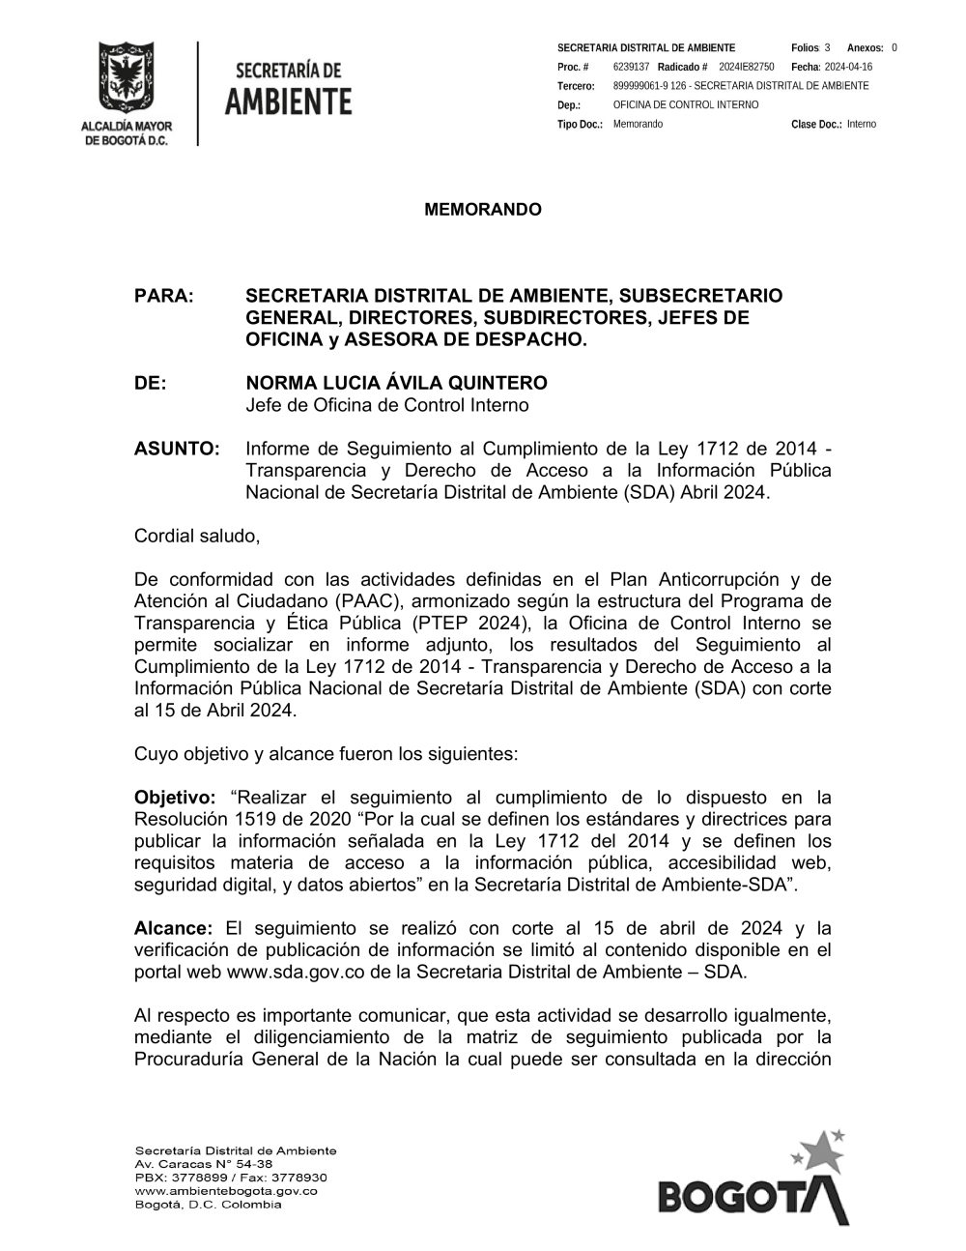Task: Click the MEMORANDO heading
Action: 483,210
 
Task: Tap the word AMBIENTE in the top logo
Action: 288,101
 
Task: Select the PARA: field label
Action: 164,296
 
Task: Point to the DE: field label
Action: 151,384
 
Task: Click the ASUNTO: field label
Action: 177,449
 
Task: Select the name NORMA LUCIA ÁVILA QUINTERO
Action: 396,384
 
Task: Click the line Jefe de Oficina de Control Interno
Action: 387,405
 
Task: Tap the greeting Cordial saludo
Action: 197,536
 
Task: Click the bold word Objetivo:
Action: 175,798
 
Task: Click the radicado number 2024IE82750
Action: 747,67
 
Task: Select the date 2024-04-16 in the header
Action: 848,67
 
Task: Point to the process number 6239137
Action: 631,67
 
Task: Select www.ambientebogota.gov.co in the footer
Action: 226,1191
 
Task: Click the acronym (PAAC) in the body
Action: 361,601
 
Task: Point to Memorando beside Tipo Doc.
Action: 638,125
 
